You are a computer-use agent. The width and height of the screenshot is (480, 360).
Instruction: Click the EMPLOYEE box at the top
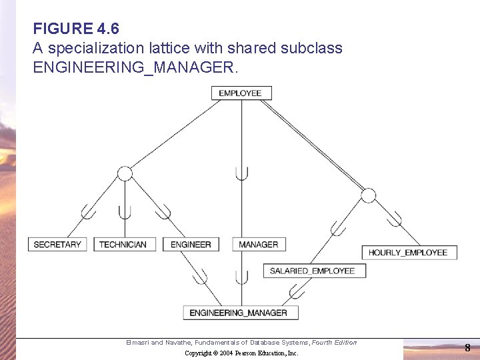pyautogui.click(x=241, y=93)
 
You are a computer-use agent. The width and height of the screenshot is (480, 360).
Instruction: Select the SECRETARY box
pyautogui.click(x=57, y=245)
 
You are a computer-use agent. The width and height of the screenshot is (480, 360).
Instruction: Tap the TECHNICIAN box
pyautogui.click(x=123, y=245)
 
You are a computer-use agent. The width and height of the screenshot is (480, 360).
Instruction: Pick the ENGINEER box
pyautogui.click(x=191, y=245)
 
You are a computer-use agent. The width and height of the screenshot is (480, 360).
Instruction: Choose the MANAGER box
pyautogui.click(x=259, y=245)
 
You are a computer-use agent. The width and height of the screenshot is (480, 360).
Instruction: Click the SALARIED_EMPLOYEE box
pyautogui.click(x=312, y=271)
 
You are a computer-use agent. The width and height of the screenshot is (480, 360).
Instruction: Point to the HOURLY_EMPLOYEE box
pyautogui.click(x=408, y=253)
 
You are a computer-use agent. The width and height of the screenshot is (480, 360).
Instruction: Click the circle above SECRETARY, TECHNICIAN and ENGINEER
pyautogui.click(x=125, y=174)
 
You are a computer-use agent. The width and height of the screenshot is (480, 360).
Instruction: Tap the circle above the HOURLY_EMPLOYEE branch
pyautogui.click(x=369, y=195)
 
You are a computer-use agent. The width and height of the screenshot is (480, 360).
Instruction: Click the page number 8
pyautogui.click(x=467, y=347)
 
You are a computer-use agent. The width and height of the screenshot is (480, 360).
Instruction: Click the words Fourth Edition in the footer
pyautogui.click(x=335, y=343)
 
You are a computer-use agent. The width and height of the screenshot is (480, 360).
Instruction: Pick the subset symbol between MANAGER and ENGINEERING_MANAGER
pyautogui.click(x=242, y=276)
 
